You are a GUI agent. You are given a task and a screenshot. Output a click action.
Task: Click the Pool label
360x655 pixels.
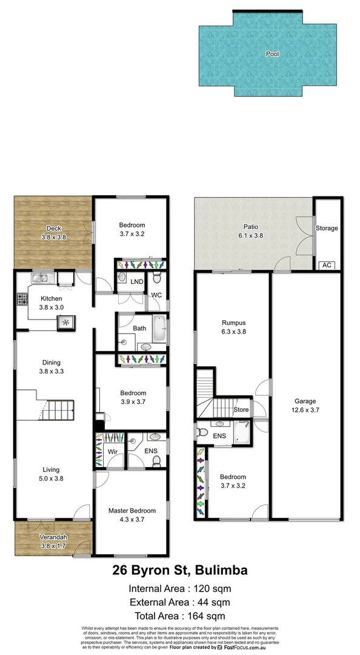click(273, 54)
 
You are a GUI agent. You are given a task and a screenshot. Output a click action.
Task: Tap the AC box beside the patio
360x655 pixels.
click(327, 265)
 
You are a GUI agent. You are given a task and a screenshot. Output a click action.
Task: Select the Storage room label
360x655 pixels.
click(327, 228)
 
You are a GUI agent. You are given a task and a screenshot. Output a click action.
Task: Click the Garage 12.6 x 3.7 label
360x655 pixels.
click(305, 406)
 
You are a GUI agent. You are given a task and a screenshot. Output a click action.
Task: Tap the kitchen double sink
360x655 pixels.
click(41, 279)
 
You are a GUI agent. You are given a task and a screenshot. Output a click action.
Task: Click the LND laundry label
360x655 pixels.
click(137, 281)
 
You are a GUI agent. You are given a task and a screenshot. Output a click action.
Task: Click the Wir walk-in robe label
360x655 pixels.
click(112, 452)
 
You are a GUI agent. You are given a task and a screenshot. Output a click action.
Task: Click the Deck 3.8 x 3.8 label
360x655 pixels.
click(53, 233)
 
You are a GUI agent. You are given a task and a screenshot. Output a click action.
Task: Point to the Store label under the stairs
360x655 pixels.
click(241, 410)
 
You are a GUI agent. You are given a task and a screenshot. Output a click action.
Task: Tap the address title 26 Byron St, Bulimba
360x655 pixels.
click(180, 570)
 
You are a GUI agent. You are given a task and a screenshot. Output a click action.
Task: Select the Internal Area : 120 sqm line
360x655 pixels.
click(180, 588)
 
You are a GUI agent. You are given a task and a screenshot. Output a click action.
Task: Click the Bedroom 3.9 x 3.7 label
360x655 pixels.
click(132, 397)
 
